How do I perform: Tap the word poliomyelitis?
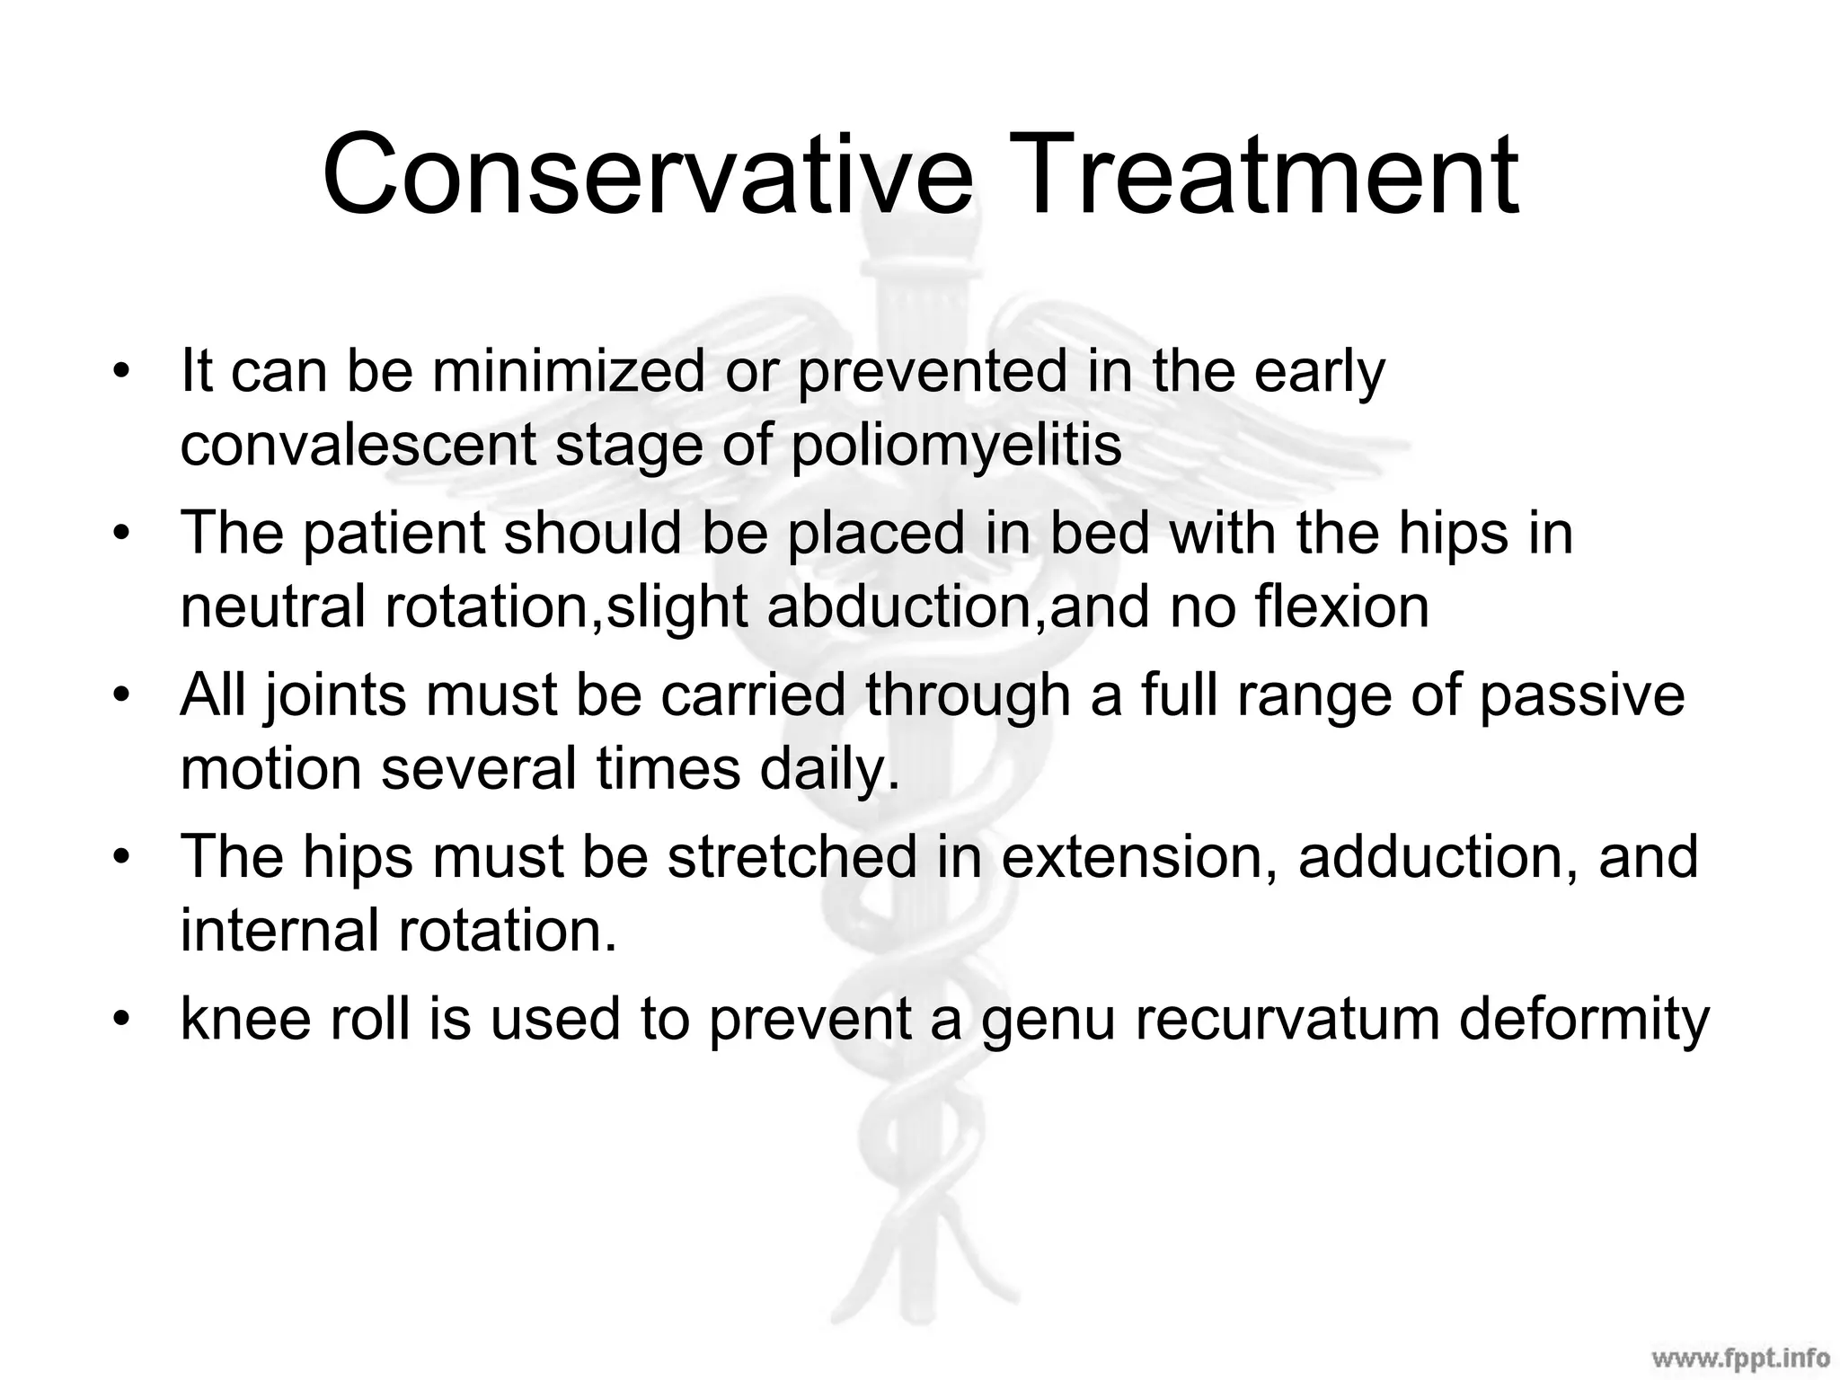pos(956,446)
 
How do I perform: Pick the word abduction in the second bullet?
pos(907,606)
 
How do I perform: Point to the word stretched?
pos(792,856)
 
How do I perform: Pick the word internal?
pos(279,930)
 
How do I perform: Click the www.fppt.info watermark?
pos(1739,1356)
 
